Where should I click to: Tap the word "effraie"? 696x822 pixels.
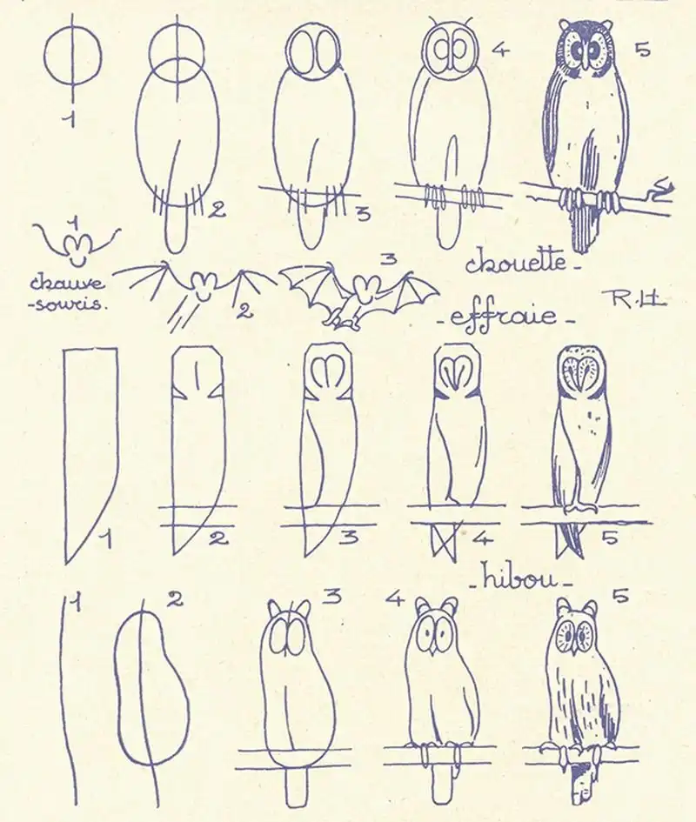504,316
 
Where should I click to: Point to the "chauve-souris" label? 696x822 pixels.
67,294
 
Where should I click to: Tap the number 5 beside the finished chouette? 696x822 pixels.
642,50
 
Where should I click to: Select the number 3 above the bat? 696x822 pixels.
388,259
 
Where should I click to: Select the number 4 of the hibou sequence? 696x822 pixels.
394,598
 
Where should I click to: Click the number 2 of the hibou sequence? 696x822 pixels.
175,598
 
